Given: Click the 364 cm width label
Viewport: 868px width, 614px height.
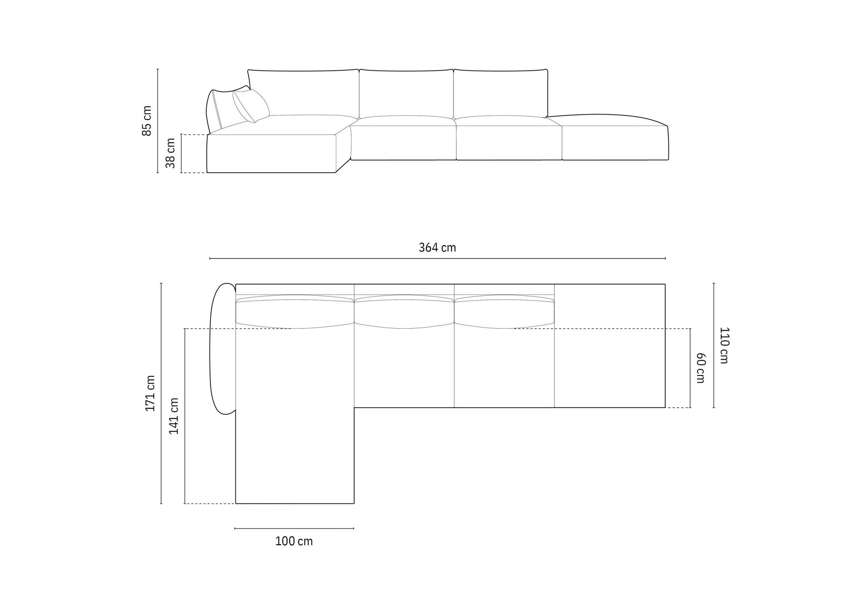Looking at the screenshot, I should point(437,248).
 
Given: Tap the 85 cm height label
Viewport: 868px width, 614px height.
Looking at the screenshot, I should point(147,121).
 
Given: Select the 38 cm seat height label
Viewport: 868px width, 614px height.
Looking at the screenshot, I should point(170,153).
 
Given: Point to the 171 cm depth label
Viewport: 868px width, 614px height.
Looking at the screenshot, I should point(150,393).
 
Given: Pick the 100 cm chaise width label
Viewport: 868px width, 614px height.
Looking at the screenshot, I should point(294,541).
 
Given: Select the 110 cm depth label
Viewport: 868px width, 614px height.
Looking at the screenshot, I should point(723,345).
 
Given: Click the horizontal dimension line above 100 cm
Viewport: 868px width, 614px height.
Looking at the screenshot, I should point(294,528).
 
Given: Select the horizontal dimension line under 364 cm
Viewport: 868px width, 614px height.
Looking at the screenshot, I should point(437,258).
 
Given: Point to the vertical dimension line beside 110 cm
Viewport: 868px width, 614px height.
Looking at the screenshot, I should point(714,345).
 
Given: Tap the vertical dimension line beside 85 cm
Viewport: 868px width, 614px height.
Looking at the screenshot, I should point(158,121).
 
